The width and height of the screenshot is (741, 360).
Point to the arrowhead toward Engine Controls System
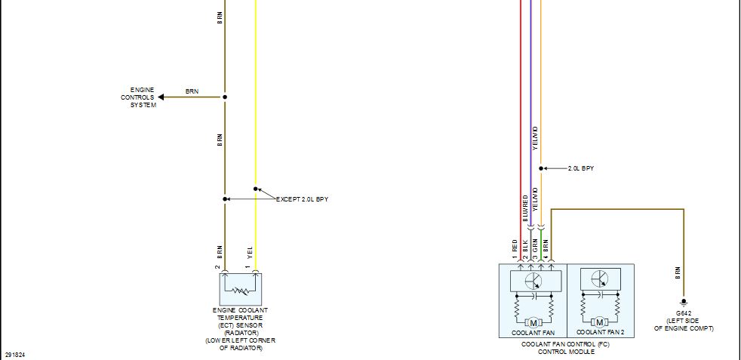[x=161, y=97]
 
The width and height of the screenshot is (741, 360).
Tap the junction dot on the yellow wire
[x=256, y=189]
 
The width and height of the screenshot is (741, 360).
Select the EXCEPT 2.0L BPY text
[x=302, y=199]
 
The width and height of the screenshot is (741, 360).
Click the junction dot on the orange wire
[x=541, y=168]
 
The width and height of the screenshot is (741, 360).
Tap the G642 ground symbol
[x=684, y=303]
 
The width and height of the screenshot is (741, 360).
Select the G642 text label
[x=684, y=313]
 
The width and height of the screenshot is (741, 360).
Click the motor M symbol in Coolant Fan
[x=533, y=323]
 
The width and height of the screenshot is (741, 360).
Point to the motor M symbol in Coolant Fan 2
[x=600, y=323]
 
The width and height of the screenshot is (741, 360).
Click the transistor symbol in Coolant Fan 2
[x=600, y=278]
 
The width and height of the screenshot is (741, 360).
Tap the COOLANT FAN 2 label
[x=600, y=333]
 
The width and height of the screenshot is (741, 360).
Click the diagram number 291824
[x=14, y=354]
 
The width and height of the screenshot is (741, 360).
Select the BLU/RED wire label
[x=525, y=208]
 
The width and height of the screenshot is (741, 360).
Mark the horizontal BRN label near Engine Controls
[x=192, y=91]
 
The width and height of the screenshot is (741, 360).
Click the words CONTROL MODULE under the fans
[x=566, y=352]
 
